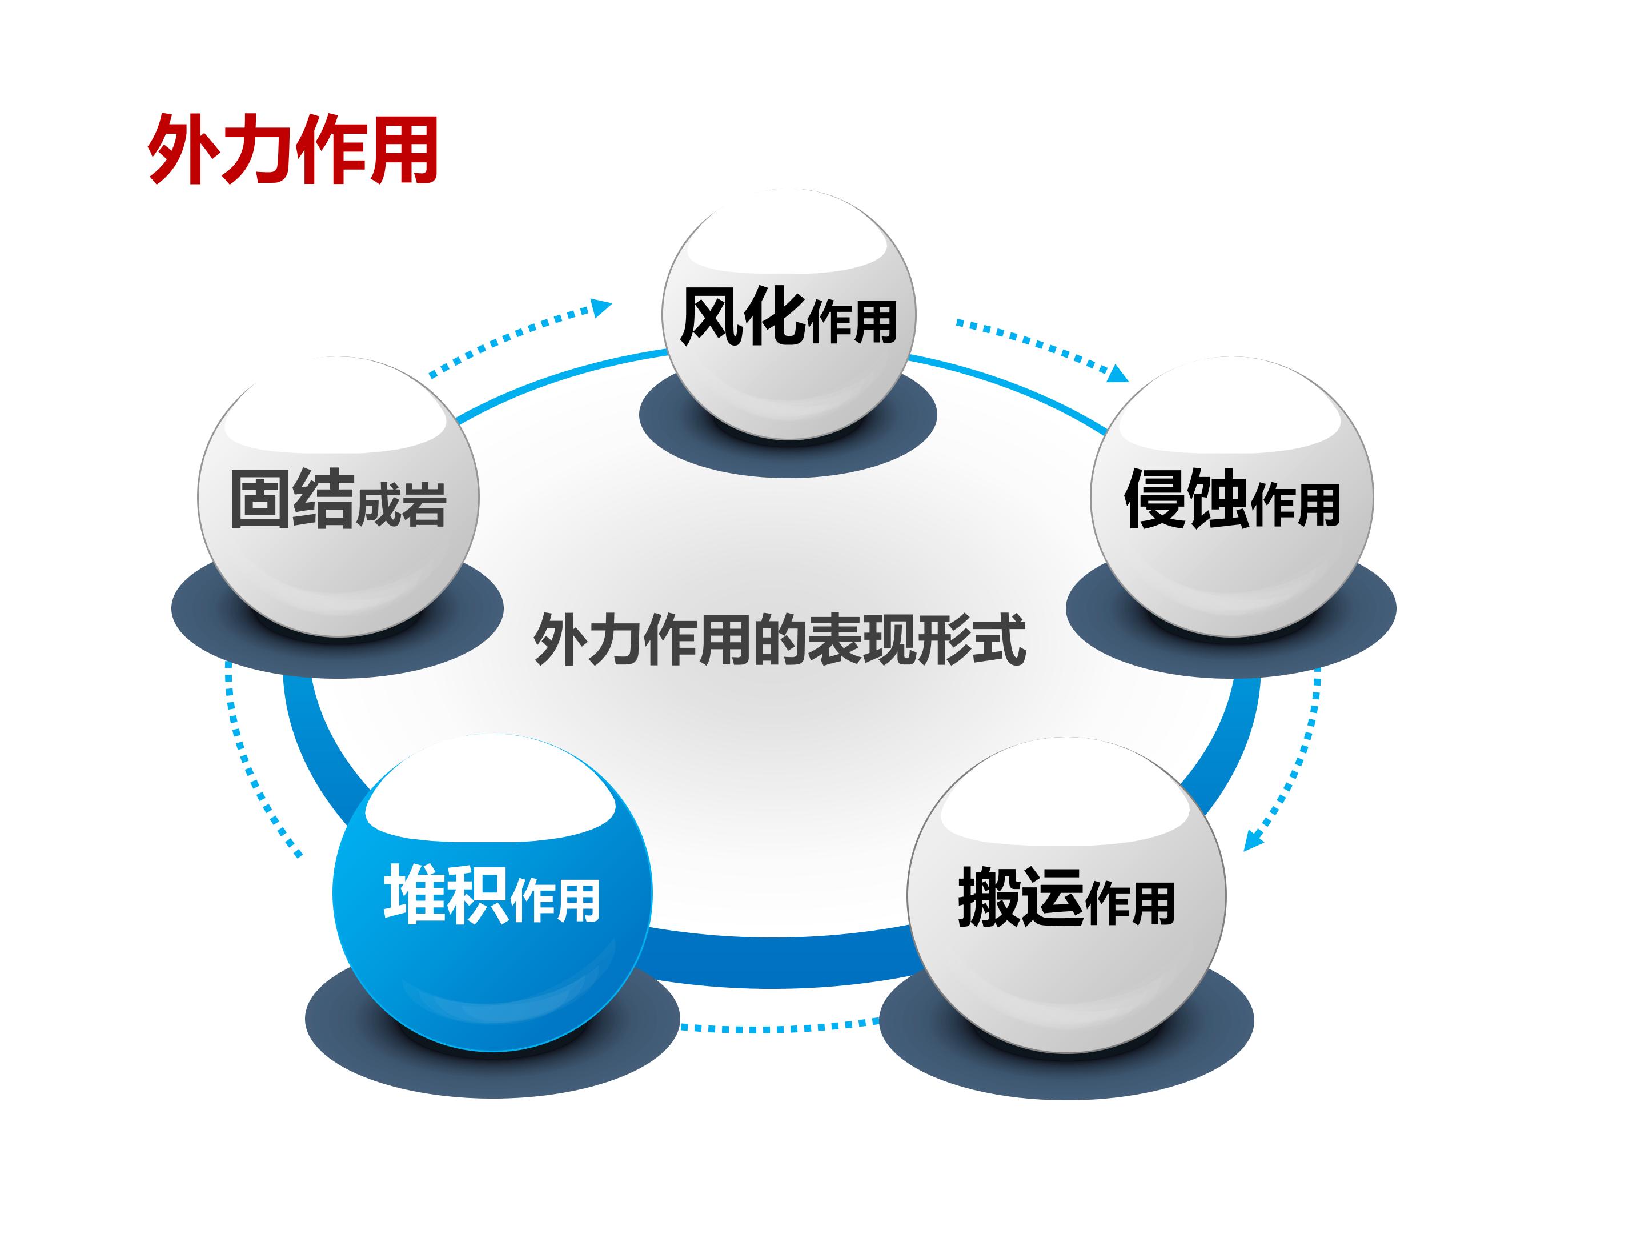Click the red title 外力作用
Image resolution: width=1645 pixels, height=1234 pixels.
click(292, 149)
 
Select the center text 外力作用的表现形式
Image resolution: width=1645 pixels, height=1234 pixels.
click(779, 639)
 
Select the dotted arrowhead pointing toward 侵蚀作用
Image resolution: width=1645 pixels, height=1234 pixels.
click(1118, 372)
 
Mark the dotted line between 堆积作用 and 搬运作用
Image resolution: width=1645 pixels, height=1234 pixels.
click(779, 1027)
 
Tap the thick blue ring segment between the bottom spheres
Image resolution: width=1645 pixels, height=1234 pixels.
click(779, 960)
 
